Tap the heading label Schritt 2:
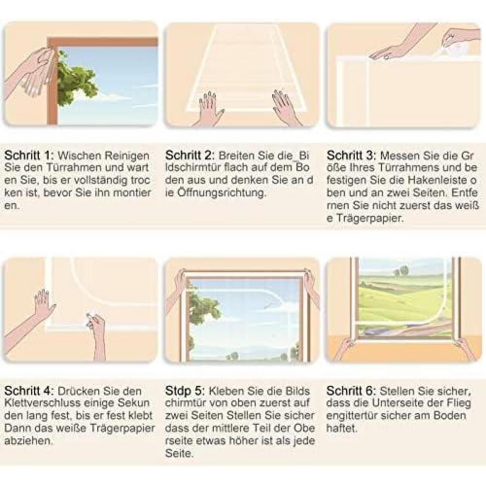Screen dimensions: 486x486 [x=190, y=156]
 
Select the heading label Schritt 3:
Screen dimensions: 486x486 [x=351, y=156]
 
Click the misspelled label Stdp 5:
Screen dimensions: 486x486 [x=185, y=391]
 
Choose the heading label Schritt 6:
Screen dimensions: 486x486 [x=351, y=391]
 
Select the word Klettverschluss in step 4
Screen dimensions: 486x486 [x=42, y=403]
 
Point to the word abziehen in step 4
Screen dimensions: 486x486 [x=28, y=441]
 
